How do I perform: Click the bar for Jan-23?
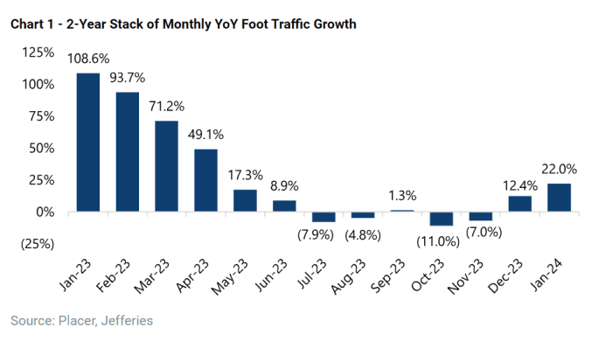[88, 143]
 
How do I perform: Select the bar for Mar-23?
[167, 166]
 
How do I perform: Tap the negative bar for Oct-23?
[442, 219]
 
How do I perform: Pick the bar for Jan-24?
[560, 198]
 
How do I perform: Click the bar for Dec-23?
[520, 204]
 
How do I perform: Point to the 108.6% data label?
[89, 59]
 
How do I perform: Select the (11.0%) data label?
[442, 241]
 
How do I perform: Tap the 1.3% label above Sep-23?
[403, 195]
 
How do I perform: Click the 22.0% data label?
[560, 169]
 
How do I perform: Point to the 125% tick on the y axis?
[37, 52]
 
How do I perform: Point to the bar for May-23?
[246, 200]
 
